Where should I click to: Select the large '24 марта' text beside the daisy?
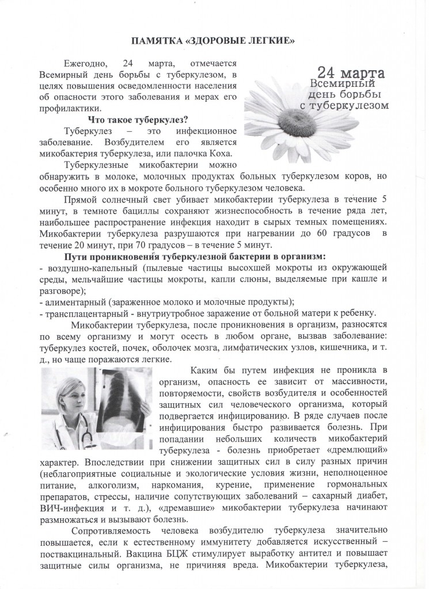pyautogui.click(x=347, y=75)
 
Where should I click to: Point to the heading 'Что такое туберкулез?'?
pyautogui.click(x=138, y=119)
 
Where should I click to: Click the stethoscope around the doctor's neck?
pyautogui.click(x=86, y=429)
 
